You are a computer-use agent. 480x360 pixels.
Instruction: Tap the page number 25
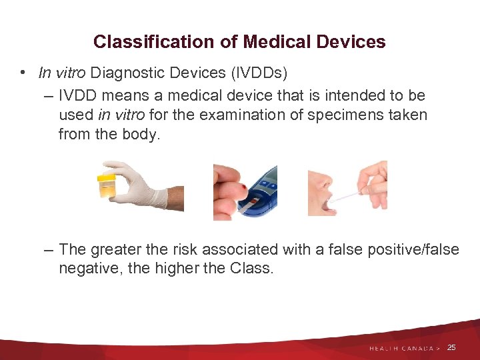[x=451, y=347]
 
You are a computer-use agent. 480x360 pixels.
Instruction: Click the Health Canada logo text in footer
[x=404, y=348]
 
